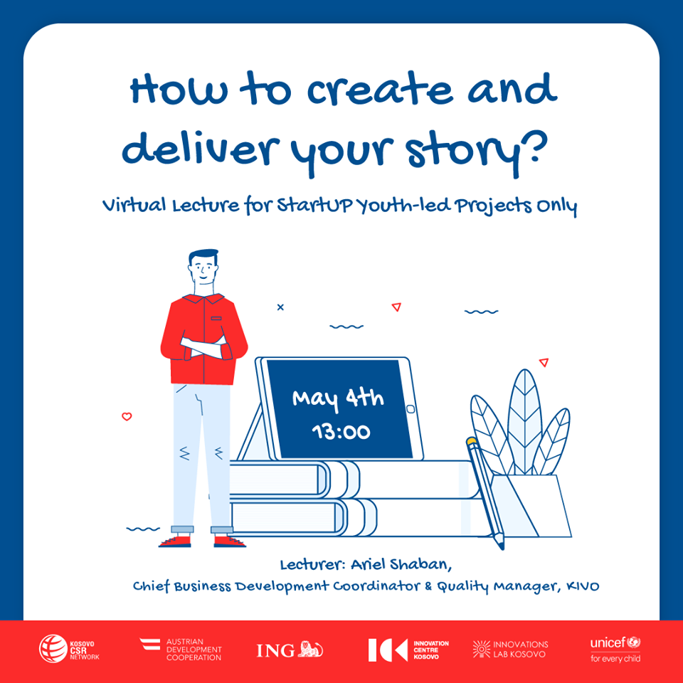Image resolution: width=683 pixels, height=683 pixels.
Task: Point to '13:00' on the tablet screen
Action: [x=340, y=430]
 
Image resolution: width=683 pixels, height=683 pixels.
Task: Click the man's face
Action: [x=204, y=270]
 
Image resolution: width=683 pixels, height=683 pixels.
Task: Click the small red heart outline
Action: [x=127, y=417]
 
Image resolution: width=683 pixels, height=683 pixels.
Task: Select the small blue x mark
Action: [x=280, y=307]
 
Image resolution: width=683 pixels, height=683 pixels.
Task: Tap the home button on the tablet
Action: [x=410, y=409]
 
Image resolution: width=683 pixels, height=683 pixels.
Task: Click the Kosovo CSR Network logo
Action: [x=69, y=648]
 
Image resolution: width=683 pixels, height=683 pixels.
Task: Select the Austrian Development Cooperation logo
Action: [x=181, y=649]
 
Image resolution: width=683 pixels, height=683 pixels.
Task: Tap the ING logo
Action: [x=290, y=649]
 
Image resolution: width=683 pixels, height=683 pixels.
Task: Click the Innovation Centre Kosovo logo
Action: [x=408, y=649]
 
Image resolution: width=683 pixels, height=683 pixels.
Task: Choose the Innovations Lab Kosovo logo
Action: [x=510, y=649]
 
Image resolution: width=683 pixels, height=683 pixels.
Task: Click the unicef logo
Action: [x=615, y=648]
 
